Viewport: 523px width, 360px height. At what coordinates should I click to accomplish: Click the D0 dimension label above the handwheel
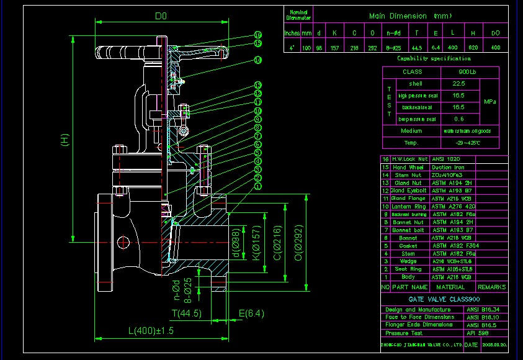160,14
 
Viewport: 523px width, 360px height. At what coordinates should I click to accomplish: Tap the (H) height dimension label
65,141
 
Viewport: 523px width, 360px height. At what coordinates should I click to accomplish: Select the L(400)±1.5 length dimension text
151,331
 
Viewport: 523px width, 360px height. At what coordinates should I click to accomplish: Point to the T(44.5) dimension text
187,313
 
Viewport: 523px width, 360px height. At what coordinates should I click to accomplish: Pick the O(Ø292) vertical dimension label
298,241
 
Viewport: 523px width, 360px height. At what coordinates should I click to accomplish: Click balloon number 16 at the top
258,35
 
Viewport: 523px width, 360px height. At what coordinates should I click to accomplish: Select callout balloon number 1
258,186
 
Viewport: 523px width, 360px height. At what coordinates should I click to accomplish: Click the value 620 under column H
473,47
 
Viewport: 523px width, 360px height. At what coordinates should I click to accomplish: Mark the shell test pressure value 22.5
458,83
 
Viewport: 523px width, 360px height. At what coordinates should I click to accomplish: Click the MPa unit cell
489,101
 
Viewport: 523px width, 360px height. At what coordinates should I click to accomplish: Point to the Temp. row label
411,143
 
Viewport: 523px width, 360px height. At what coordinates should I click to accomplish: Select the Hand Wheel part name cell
408,168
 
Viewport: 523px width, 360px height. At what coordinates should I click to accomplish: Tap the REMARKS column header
492,287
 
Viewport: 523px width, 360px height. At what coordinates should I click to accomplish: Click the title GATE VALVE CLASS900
436,299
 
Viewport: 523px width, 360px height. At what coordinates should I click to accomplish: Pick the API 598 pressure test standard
475,333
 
